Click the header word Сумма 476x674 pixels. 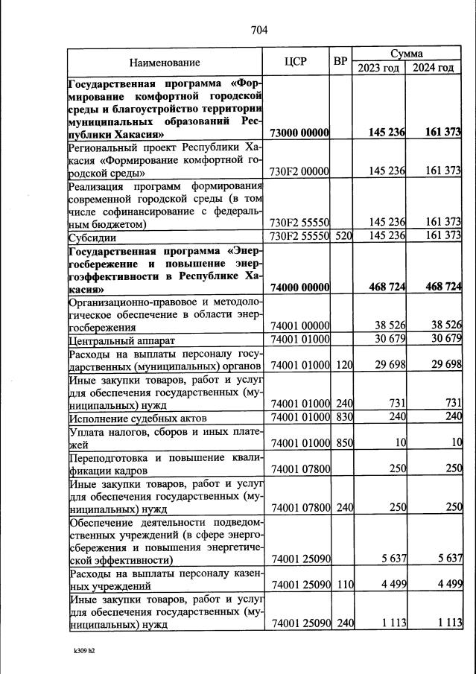(406, 54)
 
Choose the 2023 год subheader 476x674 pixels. (378, 69)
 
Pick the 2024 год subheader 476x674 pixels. (434, 69)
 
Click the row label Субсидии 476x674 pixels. (91, 237)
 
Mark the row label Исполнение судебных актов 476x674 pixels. (132, 418)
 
